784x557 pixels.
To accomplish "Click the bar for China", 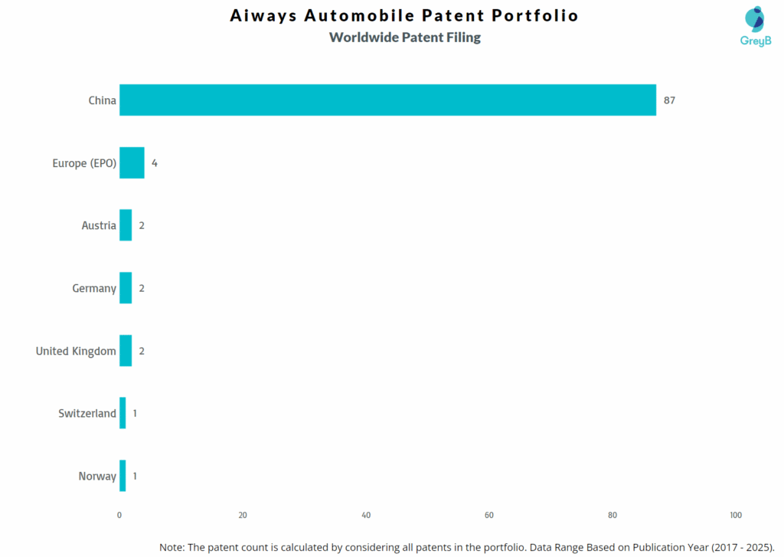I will pos(387,100).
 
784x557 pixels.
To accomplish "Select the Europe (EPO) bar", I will pos(132,162).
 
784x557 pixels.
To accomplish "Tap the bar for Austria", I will pos(126,225).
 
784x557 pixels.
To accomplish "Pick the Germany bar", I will pos(126,288).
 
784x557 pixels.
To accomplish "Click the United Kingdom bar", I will pos(126,351).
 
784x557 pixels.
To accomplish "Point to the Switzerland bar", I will pos(122,413).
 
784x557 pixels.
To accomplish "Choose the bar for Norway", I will pos(122,476).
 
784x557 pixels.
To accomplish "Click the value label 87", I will pos(669,100).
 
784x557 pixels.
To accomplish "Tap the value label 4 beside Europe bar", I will pos(154,163).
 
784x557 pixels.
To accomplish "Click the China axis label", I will pos(102,100).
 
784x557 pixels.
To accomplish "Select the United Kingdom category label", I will pos(76,351).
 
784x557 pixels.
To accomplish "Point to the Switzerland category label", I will pos(87,413).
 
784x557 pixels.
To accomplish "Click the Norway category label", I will pos(97,476).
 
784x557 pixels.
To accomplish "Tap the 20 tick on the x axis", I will pos(243,515).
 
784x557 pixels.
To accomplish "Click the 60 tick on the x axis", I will pos(489,515).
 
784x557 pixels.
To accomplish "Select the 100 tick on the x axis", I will pos(735,515).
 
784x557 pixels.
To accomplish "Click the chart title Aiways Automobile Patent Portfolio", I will pos(404,16).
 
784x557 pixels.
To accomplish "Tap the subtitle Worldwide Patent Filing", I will pos(404,38).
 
